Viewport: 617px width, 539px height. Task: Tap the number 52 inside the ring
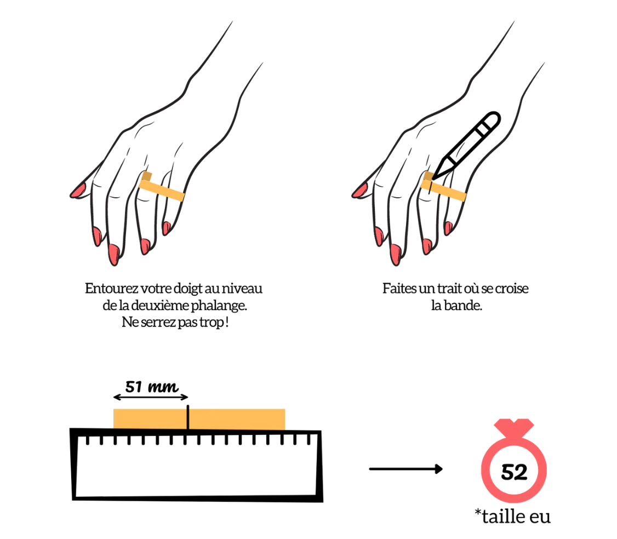click(514, 472)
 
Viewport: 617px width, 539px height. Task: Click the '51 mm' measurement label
click(151, 387)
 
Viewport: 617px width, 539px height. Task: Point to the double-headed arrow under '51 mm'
click(151, 397)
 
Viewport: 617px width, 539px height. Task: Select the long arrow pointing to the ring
click(405, 468)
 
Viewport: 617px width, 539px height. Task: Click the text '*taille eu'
click(513, 516)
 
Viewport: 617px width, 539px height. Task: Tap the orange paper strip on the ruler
click(199, 419)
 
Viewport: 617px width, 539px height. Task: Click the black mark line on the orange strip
click(188, 417)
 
